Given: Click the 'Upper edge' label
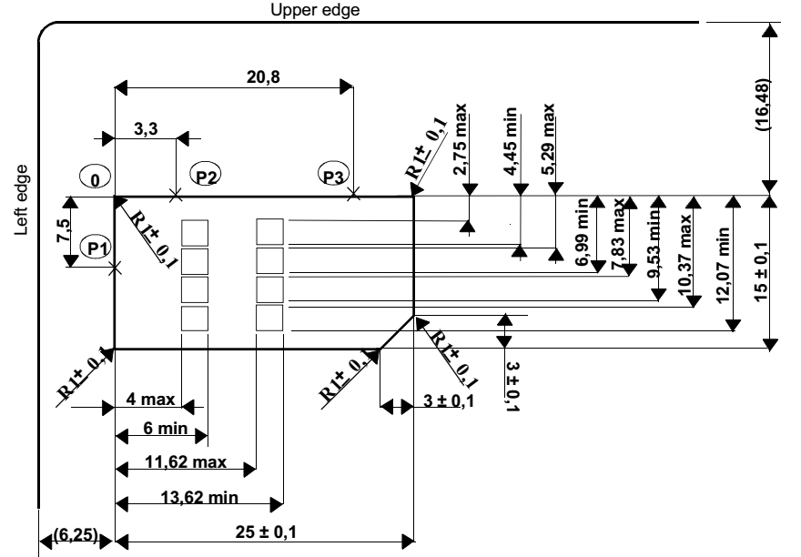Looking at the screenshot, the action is tap(315, 10).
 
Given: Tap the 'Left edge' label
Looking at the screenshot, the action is tap(22, 200).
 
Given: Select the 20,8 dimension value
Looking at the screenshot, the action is tap(263, 77).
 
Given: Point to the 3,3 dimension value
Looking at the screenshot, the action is tap(147, 129).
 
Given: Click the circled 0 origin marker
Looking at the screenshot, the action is tap(95, 178).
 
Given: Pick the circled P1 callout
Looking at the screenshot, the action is tap(97, 248).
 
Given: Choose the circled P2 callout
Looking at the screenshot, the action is tap(206, 176).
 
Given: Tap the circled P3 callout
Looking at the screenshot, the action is tap(333, 176).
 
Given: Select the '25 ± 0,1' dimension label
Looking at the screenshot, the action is tap(266, 532).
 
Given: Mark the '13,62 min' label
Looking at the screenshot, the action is tap(199, 497).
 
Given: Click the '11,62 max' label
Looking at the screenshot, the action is tap(186, 462).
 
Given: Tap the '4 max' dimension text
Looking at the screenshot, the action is tap(150, 400).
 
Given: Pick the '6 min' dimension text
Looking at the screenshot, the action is tap(165, 429).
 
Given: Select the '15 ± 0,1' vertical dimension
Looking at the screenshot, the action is tap(761, 272).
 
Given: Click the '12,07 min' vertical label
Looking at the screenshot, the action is tap(723, 266).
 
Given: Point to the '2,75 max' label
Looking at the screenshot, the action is tap(460, 139).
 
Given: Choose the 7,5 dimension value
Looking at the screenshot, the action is tap(64, 231).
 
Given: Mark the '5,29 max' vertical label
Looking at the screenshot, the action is tap(548, 139).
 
